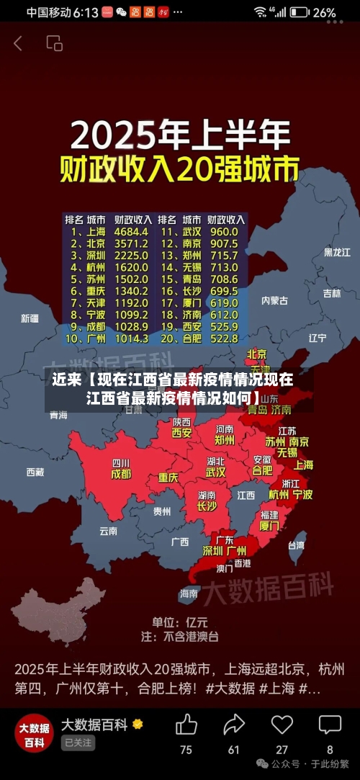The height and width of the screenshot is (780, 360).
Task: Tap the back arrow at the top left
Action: [18, 43]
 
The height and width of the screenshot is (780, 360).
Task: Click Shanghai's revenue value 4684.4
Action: [131, 232]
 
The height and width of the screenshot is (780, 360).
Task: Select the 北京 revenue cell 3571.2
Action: [131, 243]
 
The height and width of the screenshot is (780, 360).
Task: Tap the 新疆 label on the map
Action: [30, 318]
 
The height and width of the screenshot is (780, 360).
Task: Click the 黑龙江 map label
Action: [337, 252]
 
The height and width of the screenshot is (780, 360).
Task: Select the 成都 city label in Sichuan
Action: [121, 475]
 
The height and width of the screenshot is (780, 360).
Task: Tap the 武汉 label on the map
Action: [215, 472]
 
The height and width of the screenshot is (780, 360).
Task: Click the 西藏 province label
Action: [35, 472]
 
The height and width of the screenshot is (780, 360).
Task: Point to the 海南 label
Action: [189, 593]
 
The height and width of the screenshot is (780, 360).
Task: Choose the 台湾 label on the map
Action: [296, 545]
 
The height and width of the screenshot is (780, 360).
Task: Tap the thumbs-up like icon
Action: [186, 724]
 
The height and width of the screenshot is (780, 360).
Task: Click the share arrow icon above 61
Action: [234, 724]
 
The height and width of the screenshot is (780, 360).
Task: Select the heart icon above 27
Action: [282, 724]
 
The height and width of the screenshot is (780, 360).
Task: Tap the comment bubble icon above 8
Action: [330, 724]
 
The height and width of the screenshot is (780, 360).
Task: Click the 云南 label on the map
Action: [108, 531]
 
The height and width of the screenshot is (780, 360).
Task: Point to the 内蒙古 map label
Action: [274, 300]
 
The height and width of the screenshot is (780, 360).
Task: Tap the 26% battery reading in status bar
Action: [325, 12]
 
